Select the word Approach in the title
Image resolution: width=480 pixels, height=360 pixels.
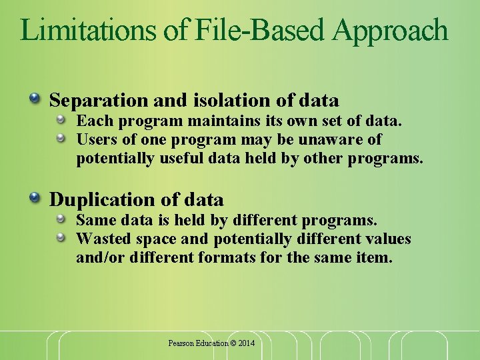click(391, 31)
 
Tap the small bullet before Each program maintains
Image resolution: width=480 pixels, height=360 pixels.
click(61, 120)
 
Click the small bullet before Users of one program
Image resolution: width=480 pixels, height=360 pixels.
click(61, 138)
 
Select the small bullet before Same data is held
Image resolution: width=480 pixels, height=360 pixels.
click(61, 219)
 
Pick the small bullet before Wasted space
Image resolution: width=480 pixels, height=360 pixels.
click(61, 237)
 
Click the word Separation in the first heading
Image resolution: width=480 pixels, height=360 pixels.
click(99, 101)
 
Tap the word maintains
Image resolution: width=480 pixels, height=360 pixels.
click(208, 121)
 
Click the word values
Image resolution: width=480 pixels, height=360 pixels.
click(389, 239)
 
